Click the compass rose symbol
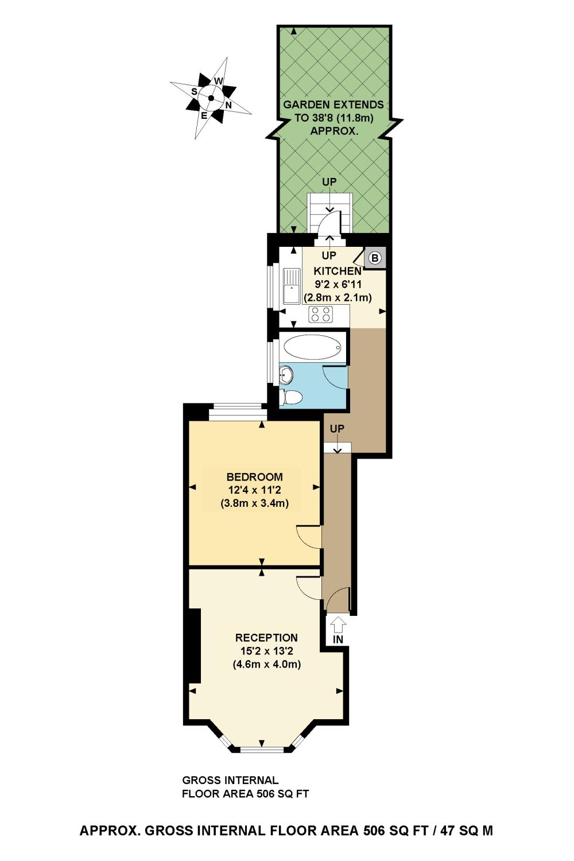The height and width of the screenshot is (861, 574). pyautogui.click(x=211, y=98)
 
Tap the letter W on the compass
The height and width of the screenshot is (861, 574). pyautogui.click(x=218, y=81)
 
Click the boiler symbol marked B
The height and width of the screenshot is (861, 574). pyautogui.click(x=375, y=258)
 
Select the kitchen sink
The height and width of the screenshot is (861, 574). pyautogui.click(x=292, y=286)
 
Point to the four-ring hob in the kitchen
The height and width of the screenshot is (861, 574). pyautogui.click(x=321, y=314)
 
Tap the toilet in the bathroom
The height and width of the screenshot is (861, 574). pyautogui.click(x=291, y=397)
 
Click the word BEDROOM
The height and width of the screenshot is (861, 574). pyautogui.click(x=254, y=477)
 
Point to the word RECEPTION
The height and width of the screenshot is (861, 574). pyautogui.click(x=266, y=638)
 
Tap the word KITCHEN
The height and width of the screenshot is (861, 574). pyautogui.click(x=337, y=271)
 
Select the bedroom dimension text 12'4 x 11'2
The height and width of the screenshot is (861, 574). pyautogui.click(x=254, y=490)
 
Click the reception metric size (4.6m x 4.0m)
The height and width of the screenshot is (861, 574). pyautogui.click(x=266, y=665)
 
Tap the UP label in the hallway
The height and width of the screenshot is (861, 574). pyautogui.click(x=337, y=429)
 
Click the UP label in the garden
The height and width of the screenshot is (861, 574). pyautogui.click(x=329, y=182)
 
